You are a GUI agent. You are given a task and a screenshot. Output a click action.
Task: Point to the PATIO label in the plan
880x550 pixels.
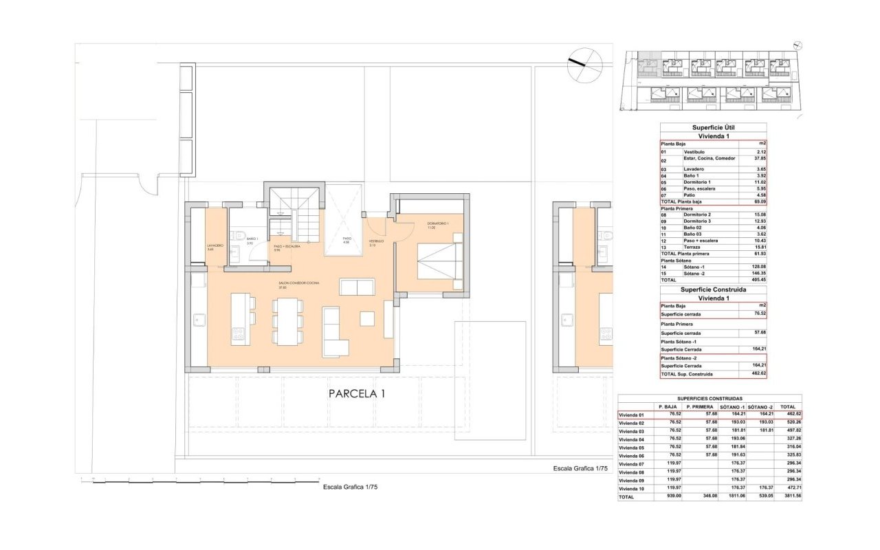click(347, 239)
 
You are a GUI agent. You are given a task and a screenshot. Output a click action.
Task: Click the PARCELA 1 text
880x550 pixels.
click(356, 394)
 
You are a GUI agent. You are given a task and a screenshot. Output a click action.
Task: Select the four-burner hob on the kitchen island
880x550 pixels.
click(239, 333)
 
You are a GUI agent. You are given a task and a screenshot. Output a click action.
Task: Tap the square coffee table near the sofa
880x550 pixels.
click(367, 319)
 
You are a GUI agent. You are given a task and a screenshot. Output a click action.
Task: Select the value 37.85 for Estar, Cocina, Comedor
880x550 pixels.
click(759, 158)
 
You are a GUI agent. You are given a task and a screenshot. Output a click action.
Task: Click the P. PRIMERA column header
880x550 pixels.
click(699, 407)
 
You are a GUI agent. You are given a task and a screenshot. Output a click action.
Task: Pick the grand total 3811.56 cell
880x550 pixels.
click(788, 496)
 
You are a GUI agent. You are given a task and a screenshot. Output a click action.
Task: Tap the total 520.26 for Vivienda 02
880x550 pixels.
click(788, 423)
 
